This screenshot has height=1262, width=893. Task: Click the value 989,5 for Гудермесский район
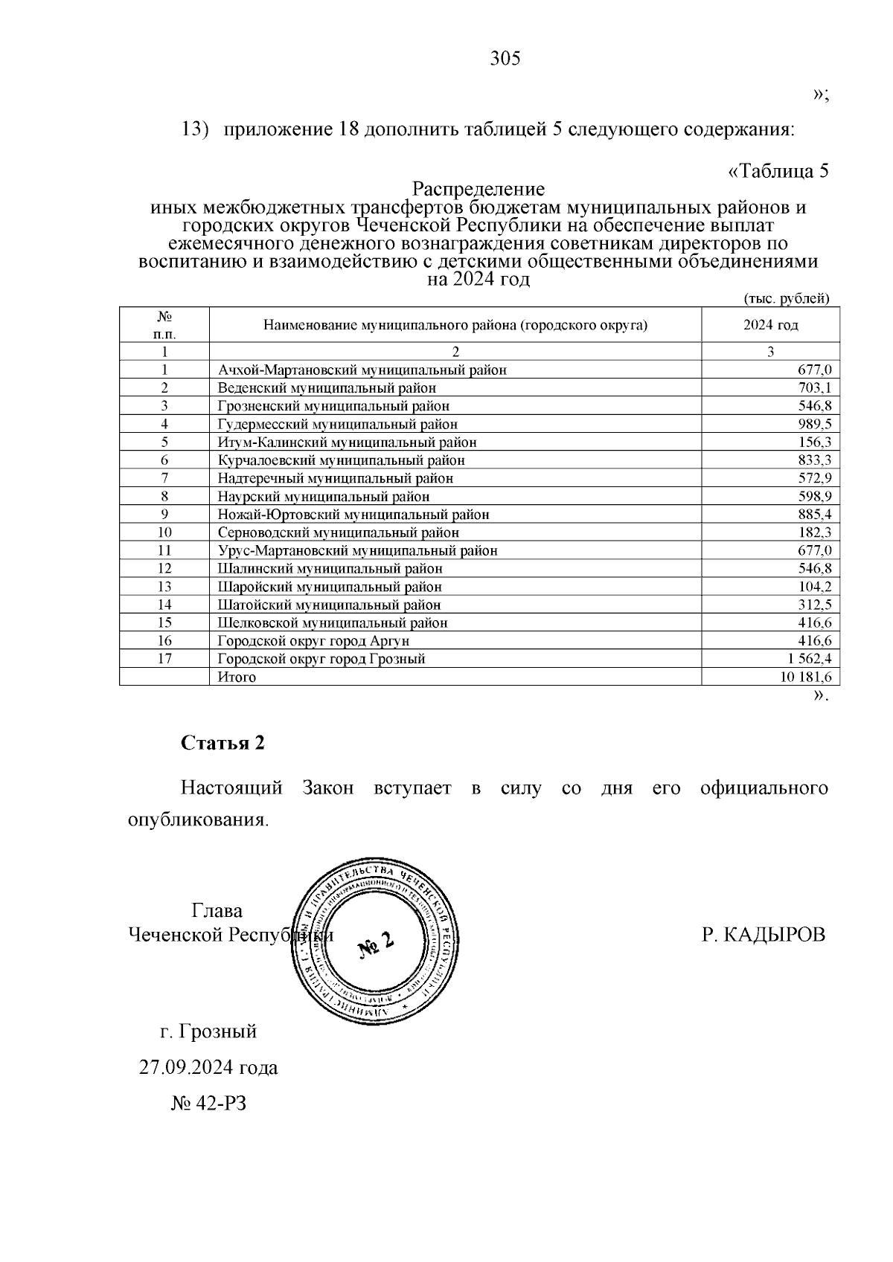814,424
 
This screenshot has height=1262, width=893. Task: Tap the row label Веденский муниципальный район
327,388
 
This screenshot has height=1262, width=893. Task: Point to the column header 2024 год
770,326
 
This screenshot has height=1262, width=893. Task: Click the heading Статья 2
223,743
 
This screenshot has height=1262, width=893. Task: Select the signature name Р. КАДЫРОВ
764,935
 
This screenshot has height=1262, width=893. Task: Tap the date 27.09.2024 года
208,1068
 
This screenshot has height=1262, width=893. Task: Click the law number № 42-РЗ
208,1104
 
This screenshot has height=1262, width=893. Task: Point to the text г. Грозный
208,1031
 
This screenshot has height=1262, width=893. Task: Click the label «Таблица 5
777,171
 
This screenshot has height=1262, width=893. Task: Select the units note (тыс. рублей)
787,299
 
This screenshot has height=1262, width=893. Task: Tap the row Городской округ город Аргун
313,641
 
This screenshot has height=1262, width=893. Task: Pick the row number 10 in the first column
164,532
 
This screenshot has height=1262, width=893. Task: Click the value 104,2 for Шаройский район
814,587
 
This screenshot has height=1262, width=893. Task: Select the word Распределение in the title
478,189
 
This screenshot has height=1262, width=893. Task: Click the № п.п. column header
164,325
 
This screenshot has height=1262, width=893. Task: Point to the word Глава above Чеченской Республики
217,911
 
